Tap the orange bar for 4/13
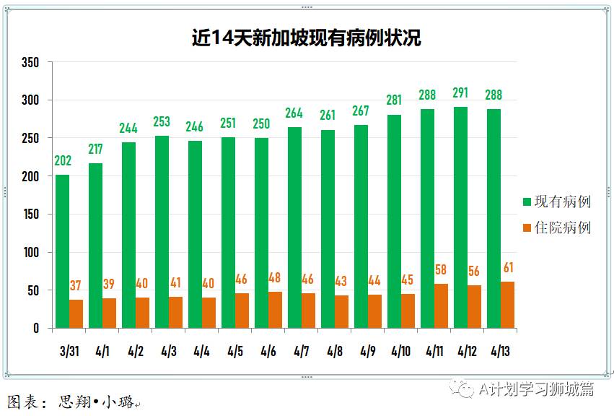pos(507,305)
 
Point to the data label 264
pos(294,113)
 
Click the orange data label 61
pos(508,269)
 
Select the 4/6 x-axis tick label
pos(268,352)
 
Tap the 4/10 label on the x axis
pos(401,352)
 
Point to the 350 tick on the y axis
pos(30,62)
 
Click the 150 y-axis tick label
pos(30,214)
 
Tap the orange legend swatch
pos(527,228)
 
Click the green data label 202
pos(63,160)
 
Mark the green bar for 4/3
pos(162,232)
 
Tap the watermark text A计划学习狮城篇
pos(535,389)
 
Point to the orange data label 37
pos(76,286)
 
